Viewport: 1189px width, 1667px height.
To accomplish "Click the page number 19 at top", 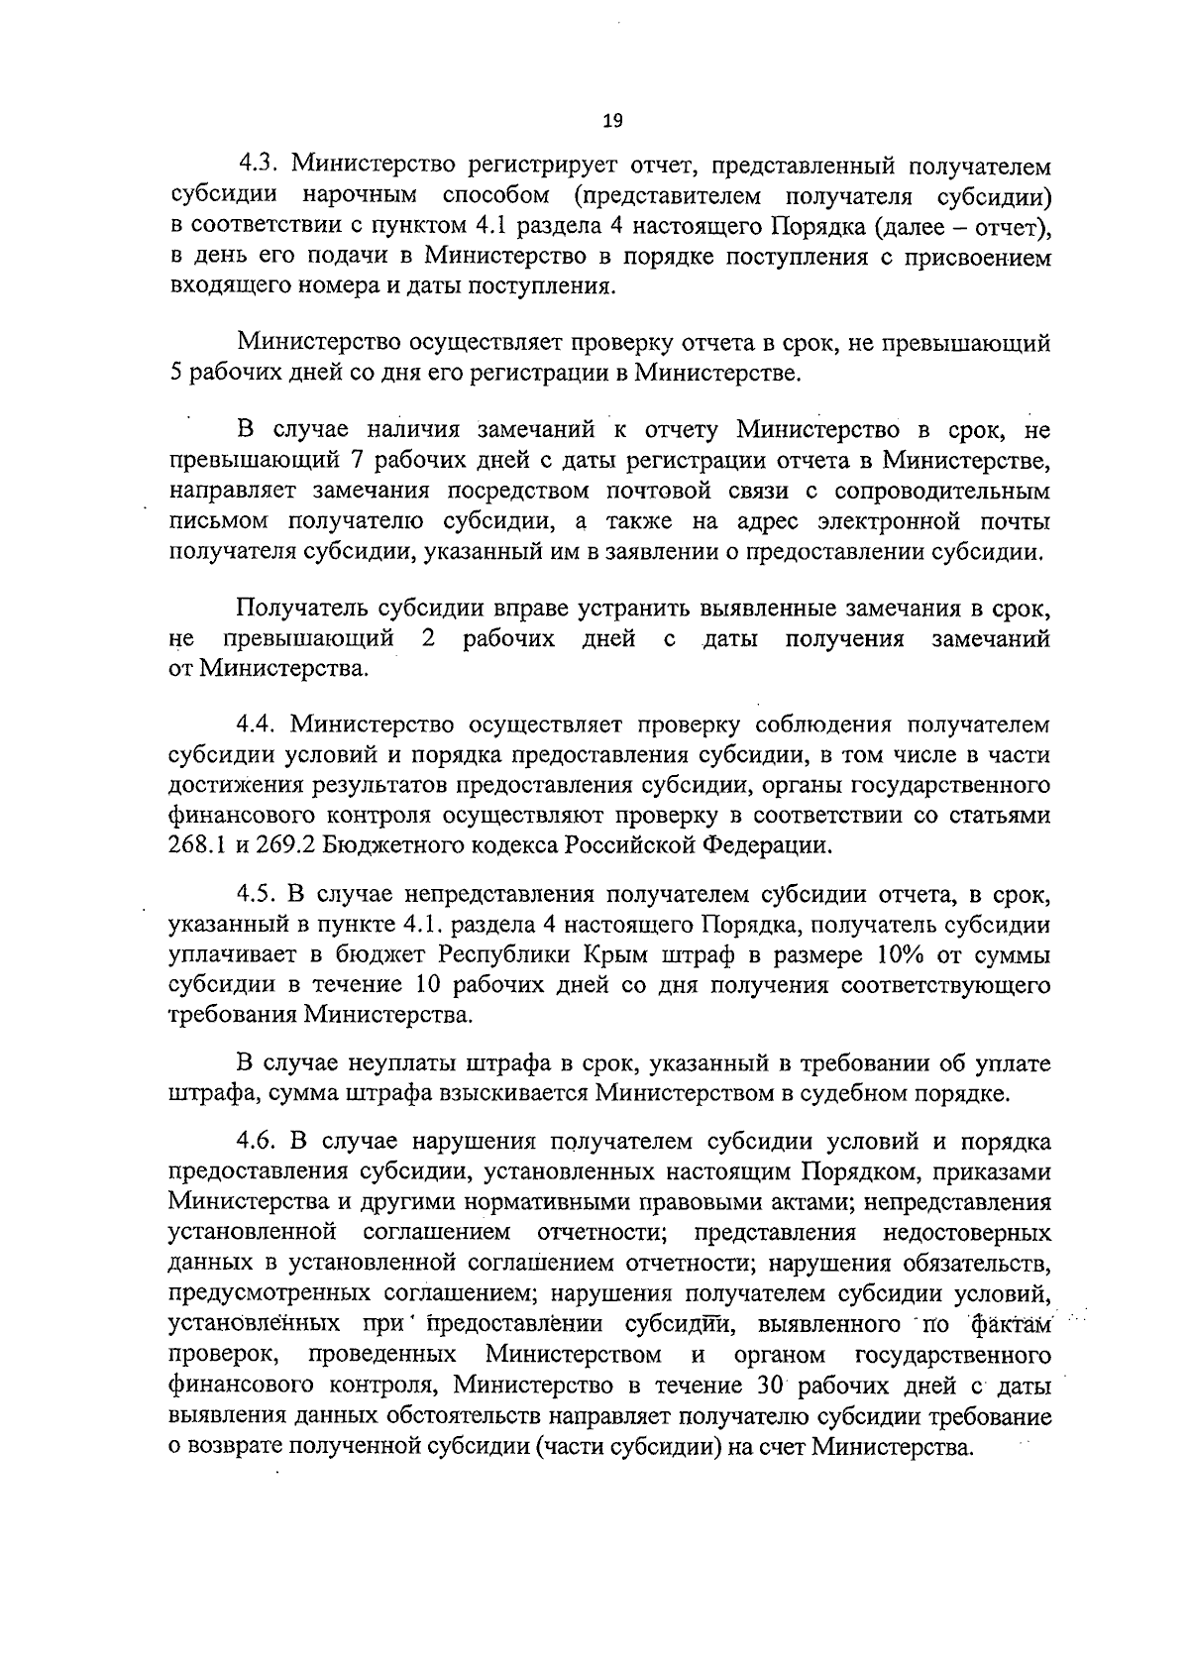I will click(611, 122).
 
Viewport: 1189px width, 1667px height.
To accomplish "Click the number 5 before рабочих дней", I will click(176, 374).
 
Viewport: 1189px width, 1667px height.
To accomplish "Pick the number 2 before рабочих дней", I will click(428, 638).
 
